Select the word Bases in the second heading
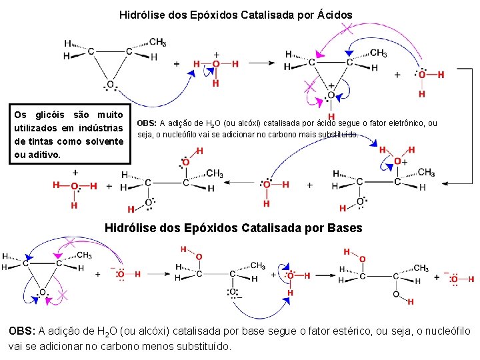345,228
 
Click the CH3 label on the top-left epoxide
158,42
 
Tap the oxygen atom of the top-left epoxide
110,85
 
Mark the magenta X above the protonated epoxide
347,29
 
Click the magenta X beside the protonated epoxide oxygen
309,85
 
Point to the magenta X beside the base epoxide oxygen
63,293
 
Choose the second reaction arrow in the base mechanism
325,274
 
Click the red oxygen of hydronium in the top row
215,64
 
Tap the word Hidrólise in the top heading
143,13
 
